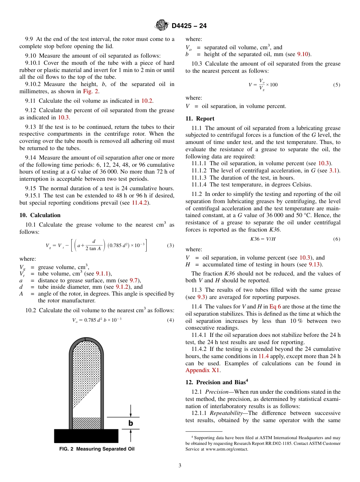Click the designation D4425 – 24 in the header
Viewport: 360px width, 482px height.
(189, 26)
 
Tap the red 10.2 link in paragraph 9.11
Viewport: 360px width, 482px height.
(147, 101)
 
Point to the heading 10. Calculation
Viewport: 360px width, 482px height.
(40, 215)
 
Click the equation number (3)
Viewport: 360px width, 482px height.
(171, 245)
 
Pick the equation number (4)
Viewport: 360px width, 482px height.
(171, 320)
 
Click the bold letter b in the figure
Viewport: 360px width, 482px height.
(131, 423)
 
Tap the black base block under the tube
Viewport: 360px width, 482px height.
(86, 436)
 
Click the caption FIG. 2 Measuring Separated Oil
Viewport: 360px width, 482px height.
(97, 449)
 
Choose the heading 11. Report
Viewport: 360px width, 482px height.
(200, 119)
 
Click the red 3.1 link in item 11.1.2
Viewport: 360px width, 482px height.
(333, 171)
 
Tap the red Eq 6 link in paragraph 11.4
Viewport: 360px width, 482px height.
(275, 307)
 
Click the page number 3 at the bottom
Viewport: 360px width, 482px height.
(180, 466)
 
